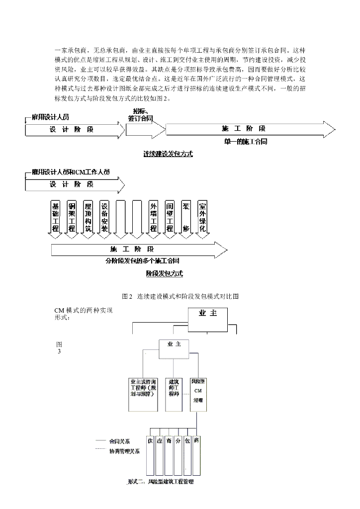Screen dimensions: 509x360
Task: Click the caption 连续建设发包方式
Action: (x=168, y=154)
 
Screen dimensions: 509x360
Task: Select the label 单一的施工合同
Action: (x=245, y=142)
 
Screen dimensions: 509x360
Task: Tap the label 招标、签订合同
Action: (x=140, y=115)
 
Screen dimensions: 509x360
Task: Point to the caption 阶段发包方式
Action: (x=164, y=273)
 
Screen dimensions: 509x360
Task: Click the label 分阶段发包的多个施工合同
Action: (x=142, y=260)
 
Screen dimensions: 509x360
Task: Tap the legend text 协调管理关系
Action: (x=124, y=451)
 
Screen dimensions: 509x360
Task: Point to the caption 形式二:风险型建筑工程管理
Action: (x=160, y=482)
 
